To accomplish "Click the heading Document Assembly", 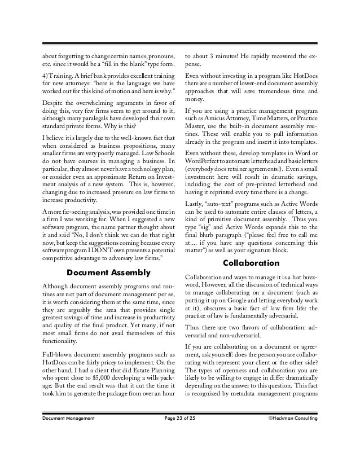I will (108, 273).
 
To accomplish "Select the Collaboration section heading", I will (251, 262).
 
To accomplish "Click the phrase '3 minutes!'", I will (221, 56).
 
